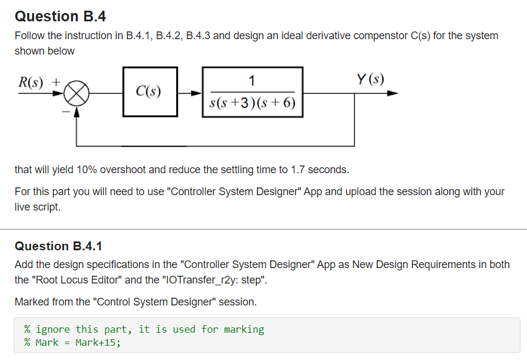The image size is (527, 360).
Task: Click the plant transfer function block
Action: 253,91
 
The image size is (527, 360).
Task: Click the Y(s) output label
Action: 370,78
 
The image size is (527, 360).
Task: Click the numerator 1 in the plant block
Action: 252,80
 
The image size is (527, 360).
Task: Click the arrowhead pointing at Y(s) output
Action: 392,93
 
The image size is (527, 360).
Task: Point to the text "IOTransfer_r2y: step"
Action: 221,281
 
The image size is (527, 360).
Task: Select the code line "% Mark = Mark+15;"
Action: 72,342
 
